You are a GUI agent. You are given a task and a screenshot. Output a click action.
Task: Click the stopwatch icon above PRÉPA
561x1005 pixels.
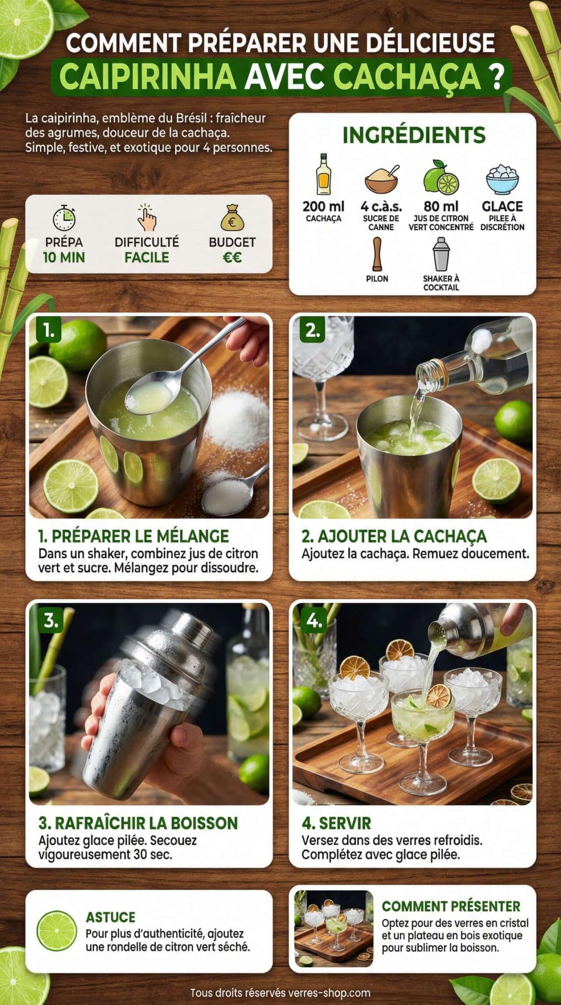[64, 219]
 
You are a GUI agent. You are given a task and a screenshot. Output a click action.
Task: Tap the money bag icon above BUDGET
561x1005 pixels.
[232, 218]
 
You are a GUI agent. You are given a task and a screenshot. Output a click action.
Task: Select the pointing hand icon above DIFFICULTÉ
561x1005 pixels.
[146, 218]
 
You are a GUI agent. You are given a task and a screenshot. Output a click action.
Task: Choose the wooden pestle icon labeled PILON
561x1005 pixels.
[377, 254]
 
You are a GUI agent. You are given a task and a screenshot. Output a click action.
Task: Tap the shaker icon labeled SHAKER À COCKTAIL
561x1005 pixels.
[441, 254]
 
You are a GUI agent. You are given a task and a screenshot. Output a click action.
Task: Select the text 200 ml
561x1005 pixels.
[323, 206]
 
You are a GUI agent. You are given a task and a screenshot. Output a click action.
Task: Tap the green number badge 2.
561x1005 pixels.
[313, 331]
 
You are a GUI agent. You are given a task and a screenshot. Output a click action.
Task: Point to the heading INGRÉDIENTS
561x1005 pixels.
[414, 135]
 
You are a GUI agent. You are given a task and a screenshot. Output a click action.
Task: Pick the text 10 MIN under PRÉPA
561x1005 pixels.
[64, 258]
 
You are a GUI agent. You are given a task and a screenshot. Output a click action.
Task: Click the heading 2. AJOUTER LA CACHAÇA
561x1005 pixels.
[394, 536]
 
